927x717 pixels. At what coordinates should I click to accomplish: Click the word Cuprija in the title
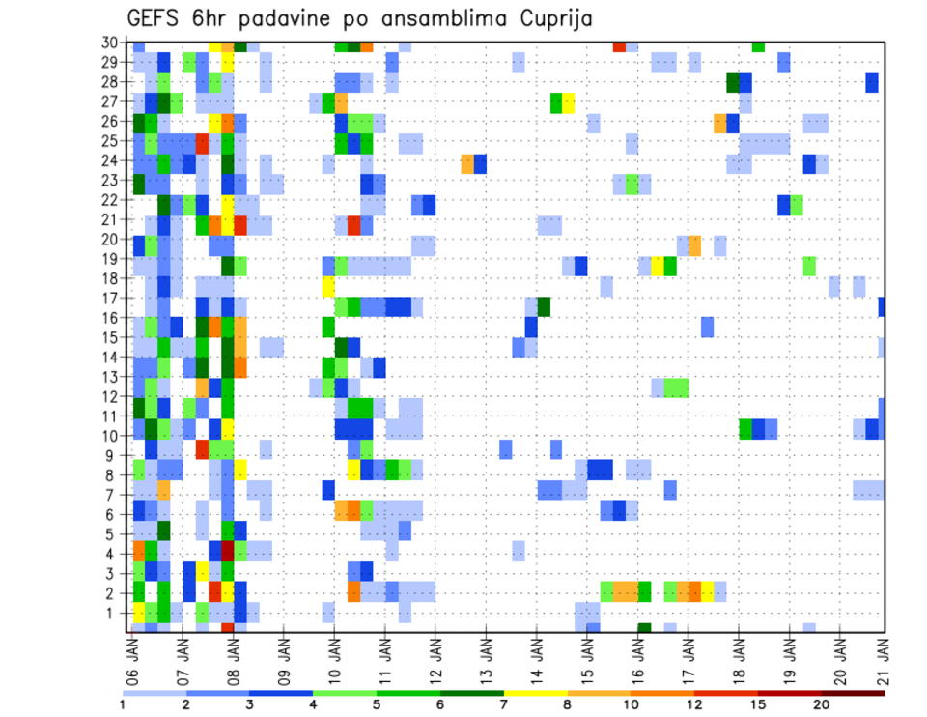coord(554,18)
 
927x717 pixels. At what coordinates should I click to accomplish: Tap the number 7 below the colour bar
coord(504,704)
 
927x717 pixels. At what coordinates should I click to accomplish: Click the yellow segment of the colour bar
coord(536,693)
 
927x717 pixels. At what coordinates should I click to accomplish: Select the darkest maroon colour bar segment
coord(854,693)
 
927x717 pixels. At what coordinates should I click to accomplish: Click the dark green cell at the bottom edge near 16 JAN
coord(644,628)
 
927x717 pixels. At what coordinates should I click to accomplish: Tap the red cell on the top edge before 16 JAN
coord(619,46)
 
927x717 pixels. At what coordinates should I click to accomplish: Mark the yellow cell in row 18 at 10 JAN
coord(328,286)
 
